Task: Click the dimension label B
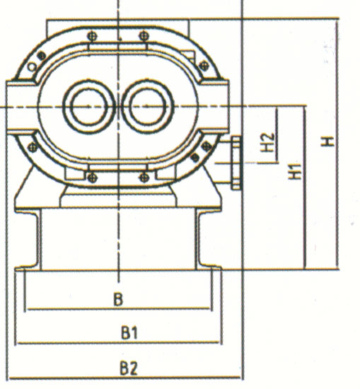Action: pos(118,299)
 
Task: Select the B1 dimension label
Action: pos(129,332)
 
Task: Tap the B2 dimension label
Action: pos(129,368)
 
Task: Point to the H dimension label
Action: pos(327,141)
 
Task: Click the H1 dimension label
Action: pos(295,171)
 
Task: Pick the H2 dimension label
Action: pos(268,142)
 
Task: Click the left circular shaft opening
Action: pos(89,106)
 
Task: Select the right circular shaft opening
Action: pos(147,106)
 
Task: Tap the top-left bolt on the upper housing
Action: pos(92,37)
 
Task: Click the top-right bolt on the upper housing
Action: pos(144,36)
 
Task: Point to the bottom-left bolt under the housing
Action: pos(92,177)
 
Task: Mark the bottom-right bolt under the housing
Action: pos(144,178)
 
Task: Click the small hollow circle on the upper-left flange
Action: pos(32,66)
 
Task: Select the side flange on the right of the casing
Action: pos(236,163)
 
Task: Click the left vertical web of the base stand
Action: pos(39,239)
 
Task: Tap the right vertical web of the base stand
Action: pos(197,239)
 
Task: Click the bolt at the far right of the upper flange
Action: pos(204,66)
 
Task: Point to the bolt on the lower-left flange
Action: pos(33,148)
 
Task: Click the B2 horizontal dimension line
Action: pos(124,378)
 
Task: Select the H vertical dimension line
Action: pos(337,144)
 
